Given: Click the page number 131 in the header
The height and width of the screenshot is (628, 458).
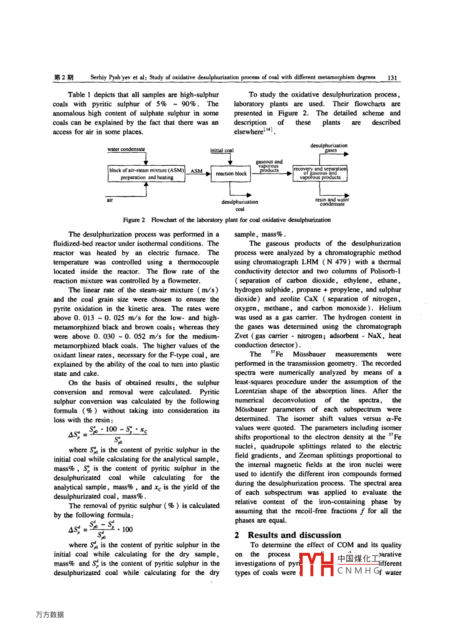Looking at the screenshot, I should (392, 78).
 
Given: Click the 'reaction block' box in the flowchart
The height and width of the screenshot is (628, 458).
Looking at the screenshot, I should (231, 174).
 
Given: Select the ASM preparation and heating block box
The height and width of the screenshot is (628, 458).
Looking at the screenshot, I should (146, 174).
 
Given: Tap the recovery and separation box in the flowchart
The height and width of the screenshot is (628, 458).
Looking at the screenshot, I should (320, 173).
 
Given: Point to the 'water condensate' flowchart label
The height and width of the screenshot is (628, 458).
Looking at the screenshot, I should (126, 149).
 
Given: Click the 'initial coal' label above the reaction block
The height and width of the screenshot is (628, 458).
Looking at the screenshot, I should (221, 150).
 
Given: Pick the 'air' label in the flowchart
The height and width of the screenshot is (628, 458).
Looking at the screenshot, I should (110, 200).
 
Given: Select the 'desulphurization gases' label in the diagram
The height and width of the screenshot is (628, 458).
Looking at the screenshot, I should (329, 148).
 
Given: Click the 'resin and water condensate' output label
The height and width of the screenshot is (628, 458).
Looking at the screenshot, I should (332, 202).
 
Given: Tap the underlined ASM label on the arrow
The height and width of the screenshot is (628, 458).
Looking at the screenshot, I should (197, 171).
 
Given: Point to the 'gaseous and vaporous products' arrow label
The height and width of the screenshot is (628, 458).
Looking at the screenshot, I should (269, 166).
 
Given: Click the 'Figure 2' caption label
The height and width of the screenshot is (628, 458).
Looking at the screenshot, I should (134, 220).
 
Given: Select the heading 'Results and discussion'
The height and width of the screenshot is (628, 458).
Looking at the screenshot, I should (294, 535).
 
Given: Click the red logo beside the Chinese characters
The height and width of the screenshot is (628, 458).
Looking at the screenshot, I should (317, 564).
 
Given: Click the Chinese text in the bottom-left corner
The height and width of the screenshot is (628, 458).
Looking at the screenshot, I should (49, 615).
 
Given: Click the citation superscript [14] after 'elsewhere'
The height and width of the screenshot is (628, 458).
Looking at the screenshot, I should (269, 130).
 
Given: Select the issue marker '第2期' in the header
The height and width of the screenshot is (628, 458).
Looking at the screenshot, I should (64, 78).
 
